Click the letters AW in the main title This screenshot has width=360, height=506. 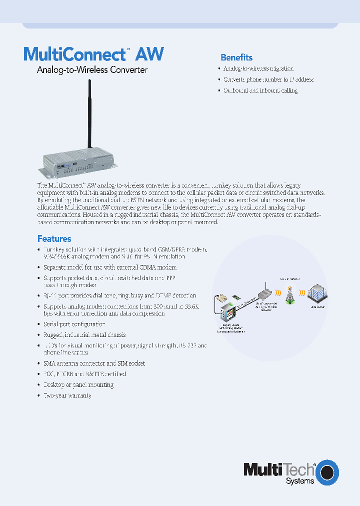point(150,54)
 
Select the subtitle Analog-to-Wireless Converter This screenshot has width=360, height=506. point(92,70)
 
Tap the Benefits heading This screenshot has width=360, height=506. point(236,57)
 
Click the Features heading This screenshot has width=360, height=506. point(54,239)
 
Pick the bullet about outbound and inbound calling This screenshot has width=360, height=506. point(260,90)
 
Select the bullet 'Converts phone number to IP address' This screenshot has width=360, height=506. point(268,79)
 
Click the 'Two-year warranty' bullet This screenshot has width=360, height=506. point(67,395)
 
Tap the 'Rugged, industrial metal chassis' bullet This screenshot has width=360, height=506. point(84,335)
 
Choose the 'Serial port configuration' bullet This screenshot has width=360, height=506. point(77,324)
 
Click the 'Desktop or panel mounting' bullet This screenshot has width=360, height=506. point(78,384)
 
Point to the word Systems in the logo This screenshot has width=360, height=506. point(299,480)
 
